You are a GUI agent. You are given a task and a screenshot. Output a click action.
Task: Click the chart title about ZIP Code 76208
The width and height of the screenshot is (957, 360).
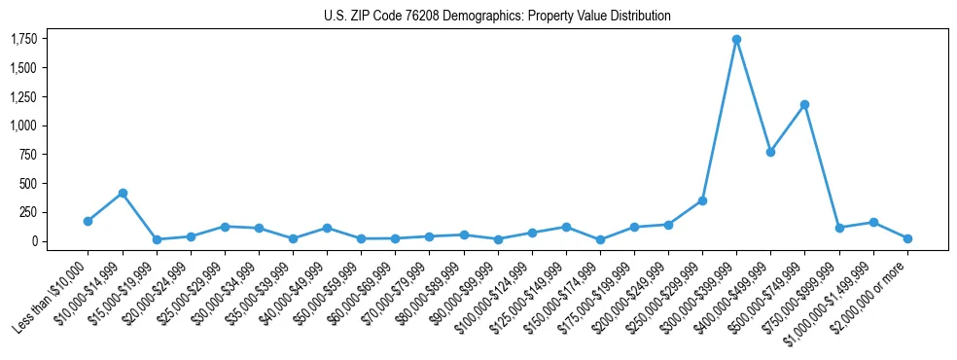coord(497,17)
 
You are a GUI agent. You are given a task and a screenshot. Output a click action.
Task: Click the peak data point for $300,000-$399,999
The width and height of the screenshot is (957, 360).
coord(736,40)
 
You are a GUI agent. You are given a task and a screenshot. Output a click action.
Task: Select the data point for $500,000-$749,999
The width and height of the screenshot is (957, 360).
coord(804,104)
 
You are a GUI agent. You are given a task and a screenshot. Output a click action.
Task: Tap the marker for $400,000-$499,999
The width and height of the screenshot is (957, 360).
coord(770,152)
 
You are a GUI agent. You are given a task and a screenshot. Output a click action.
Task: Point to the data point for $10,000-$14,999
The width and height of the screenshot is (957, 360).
coord(123,193)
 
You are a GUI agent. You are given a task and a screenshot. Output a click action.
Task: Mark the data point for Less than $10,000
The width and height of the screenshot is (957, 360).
coord(89,221)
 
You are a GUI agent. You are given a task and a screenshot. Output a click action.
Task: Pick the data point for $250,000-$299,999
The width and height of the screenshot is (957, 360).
coord(702,200)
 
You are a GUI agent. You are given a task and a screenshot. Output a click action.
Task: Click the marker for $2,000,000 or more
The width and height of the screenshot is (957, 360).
coord(907,238)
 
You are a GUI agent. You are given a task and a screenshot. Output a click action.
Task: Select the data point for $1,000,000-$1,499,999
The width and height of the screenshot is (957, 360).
coord(873,223)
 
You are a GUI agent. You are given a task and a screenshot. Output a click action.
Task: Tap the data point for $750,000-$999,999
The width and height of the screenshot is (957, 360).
coord(839,228)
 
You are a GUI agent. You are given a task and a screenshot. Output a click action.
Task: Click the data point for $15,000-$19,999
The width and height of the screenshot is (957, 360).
coord(157,239)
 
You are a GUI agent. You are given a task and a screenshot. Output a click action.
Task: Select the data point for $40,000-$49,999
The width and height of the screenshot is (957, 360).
coord(327,228)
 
